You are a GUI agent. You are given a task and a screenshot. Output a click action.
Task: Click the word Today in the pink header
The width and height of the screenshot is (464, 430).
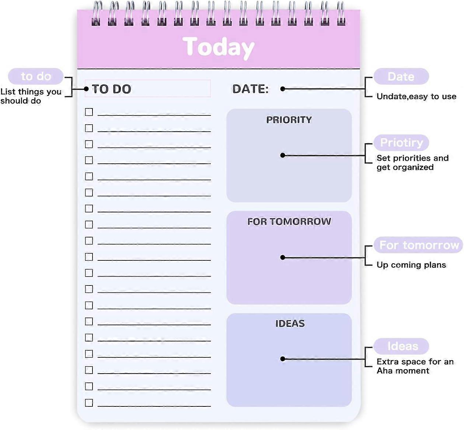pyautogui.click(x=218, y=47)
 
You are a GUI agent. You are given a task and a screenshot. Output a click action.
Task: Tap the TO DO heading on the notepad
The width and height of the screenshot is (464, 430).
pyautogui.click(x=111, y=89)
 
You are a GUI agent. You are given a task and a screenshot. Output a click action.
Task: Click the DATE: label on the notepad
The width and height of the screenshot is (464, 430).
pyautogui.click(x=250, y=89)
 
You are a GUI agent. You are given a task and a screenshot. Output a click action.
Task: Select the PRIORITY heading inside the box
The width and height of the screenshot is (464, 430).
pyautogui.click(x=289, y=120)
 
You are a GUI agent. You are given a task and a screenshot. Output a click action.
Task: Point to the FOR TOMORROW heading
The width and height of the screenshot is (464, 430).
pyautogui.click(x=289, y=221)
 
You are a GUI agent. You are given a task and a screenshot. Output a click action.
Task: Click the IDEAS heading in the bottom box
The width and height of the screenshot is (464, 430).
pyautogui.click(x=290, y=323)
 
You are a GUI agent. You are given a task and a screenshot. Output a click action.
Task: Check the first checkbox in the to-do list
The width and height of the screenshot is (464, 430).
pyautogui.click(x=89, y=112)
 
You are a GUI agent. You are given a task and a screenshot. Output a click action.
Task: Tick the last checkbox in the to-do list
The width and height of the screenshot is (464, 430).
pyautogui.click(x=89, y=402)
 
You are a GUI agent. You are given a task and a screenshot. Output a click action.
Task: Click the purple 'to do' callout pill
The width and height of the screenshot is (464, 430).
pyautogui.click(x=36, y=76)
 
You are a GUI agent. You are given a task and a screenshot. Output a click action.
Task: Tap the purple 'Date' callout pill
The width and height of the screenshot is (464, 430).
pyautogui.click(x=401, y=77)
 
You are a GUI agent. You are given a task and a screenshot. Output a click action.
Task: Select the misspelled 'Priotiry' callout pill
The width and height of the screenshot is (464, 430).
pyautogui.click(x=401, y=143)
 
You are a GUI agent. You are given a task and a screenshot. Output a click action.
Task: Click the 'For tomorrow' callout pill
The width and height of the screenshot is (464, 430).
pyautogui.click(x=419, y=245)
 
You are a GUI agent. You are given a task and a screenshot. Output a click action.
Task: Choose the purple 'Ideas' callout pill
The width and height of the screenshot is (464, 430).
pyautogui.click(x=402, y=346)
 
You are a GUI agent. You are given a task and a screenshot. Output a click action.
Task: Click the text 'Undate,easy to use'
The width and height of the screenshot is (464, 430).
pyautogui.click(x=416, y=97)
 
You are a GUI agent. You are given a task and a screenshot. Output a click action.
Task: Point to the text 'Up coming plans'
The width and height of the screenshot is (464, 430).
pyautogui.click(x=411, y=265)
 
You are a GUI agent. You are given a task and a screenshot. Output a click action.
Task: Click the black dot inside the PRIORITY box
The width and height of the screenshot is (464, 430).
pyautogui.click(x=283, y=155)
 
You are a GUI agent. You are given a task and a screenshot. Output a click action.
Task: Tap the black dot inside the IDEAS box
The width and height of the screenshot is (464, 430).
pyautogui.click(x=283, y=359)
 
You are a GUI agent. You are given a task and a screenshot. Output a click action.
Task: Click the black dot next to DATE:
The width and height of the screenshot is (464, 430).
pyautogui.click(x=283, y=89)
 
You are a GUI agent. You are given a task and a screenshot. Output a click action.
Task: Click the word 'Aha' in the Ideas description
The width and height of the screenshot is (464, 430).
pyautogui.click(x=384, y=371)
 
